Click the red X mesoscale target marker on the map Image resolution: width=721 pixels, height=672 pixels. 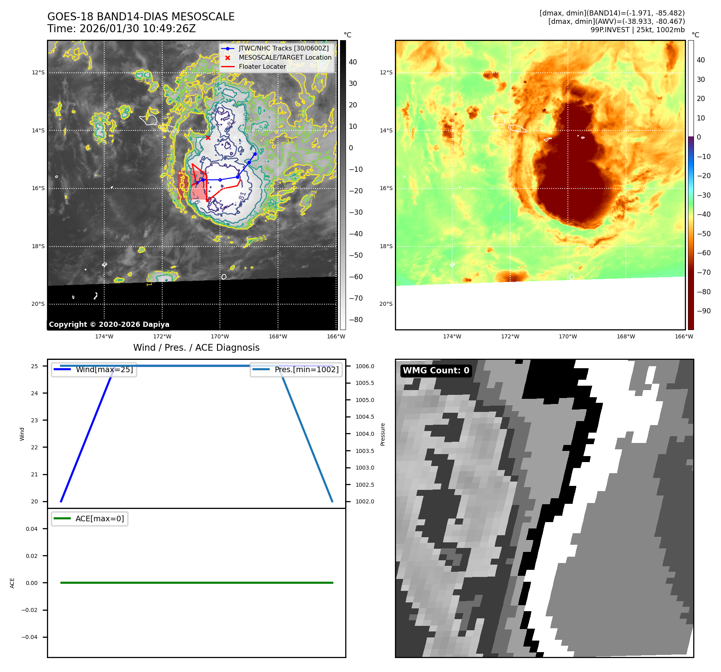coord(208,138)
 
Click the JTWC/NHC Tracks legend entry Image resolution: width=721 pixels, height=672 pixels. coord(283,48)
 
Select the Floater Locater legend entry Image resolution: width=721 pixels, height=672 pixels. coord(262,67)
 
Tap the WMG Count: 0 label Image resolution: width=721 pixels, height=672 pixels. coord(436,371)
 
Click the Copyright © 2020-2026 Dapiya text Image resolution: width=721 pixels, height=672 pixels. coord(109,324)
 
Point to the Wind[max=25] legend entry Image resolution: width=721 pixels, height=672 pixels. coord(104,369)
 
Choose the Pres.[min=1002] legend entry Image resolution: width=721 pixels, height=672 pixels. coord(306,369)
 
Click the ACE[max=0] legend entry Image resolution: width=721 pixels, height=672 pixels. coord(99,519)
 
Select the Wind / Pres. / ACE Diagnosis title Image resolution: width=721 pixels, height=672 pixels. coord(196,348)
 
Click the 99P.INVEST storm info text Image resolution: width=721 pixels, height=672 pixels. coord(637,30)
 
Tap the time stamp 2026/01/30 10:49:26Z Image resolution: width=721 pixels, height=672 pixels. coord(137,29)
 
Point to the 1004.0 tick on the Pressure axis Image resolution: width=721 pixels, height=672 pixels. coord(365,434)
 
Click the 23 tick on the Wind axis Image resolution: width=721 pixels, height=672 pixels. coord(35,420)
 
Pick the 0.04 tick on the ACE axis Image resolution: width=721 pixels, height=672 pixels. coord(32,529)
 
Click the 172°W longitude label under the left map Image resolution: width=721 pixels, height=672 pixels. coord(162,336)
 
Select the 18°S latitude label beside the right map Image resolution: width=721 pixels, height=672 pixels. coord(386,246)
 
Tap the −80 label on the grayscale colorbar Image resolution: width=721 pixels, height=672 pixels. coord(356,320)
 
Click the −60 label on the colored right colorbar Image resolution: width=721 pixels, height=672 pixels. coord(704,253)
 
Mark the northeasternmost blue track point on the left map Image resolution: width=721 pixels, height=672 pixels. coord(255,154)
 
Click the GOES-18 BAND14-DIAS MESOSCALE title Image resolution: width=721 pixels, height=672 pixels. coord(141,17)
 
